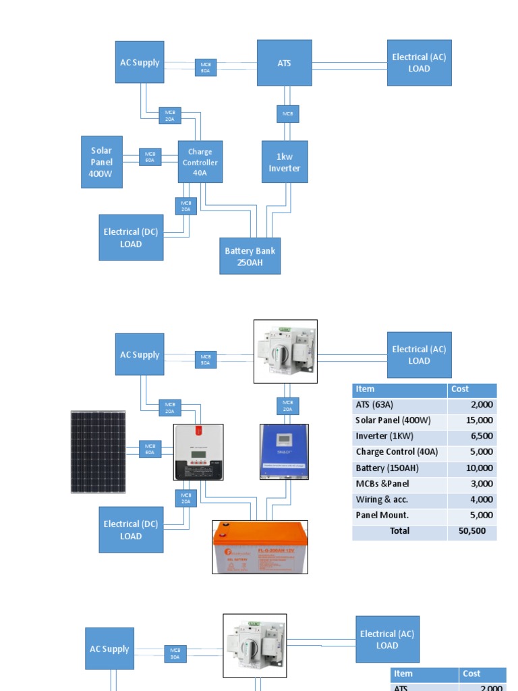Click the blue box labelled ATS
284,63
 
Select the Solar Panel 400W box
101,162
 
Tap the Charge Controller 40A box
200,162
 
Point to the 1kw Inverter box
285,162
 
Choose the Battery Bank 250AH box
250,256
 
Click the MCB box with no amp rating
288,114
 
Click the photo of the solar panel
98,451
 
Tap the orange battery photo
260,547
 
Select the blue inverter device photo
285,451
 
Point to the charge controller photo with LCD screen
198,452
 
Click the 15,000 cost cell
472,420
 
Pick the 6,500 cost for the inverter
472,436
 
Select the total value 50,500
472,531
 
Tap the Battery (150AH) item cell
399,468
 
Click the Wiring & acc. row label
399,499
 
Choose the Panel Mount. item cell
399,515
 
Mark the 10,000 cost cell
472,468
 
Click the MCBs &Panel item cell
399,483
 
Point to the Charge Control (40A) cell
399,451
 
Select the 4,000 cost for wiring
472,499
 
